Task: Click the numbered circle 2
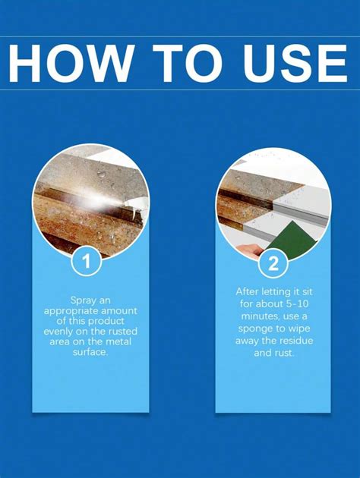pyautogui.click(x=273, y=264)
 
